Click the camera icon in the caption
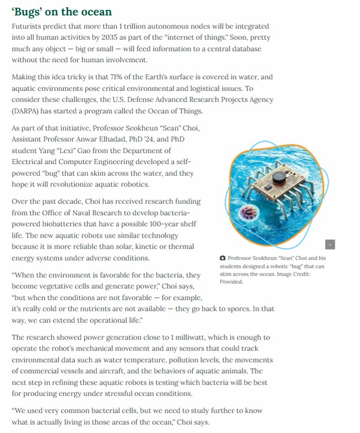222,258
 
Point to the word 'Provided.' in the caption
231,281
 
